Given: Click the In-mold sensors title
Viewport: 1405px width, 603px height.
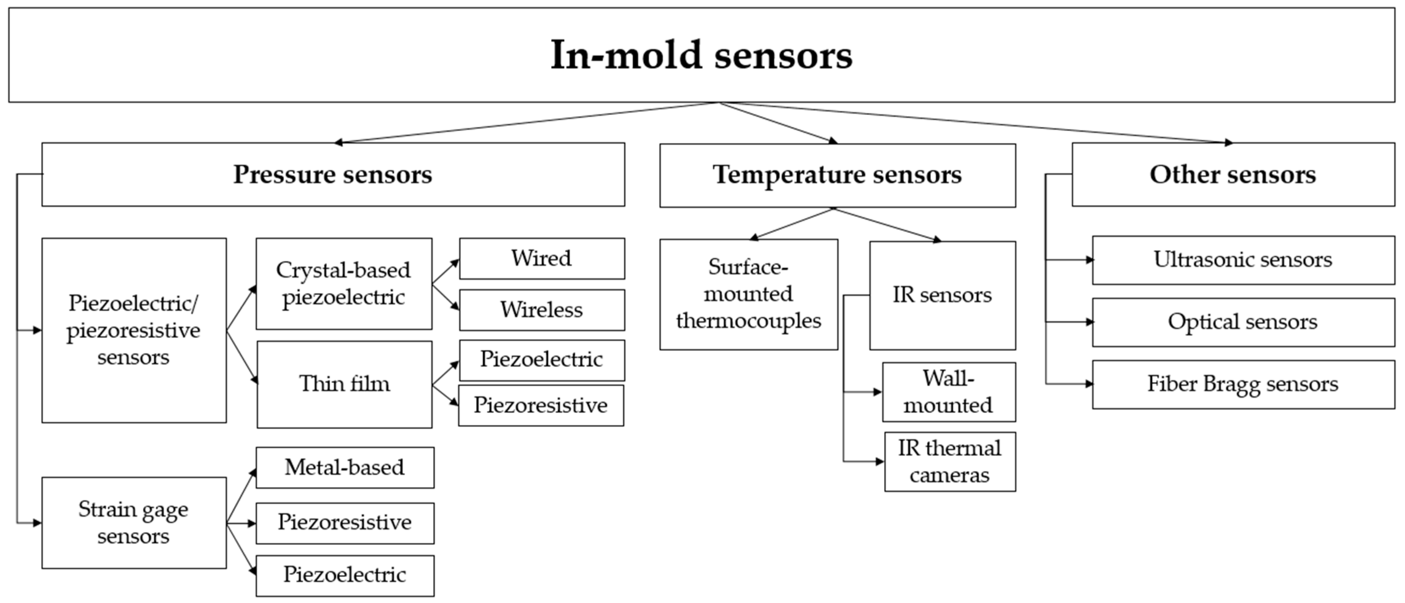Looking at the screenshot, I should pyautogui.click(x=702, y=55).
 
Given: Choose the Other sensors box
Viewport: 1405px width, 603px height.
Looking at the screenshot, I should pyautogui.click(x=1233, y=175).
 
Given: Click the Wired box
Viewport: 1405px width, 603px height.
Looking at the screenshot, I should pyautogui.click(x=542, y=258).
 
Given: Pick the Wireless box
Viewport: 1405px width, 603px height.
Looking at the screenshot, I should pyautogui.click(x=542, y=310).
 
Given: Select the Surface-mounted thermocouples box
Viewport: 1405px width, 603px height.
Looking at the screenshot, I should pyautogui.click(x=748, y=294).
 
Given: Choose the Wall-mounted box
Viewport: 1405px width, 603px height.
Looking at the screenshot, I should pyautogui.click(x=948, y=392).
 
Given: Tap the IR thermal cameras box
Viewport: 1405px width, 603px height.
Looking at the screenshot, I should pyautogui.click(x=950, y=462).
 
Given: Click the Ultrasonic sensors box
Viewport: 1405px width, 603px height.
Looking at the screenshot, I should pyautogui.click(x=1243, y=260).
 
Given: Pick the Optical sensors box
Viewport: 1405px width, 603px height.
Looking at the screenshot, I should pyautogui.click(x=1243, y=322).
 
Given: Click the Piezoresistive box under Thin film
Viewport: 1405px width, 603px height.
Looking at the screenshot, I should pyautogui.click(x=540, y=405).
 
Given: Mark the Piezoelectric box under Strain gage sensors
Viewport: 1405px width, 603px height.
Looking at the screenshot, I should pyautogui.click(x=345, y=575).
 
